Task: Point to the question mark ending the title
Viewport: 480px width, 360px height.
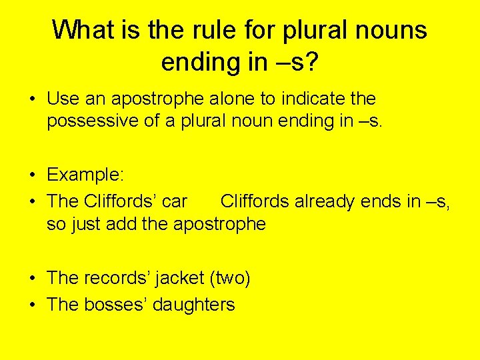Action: click(x=312, y=61)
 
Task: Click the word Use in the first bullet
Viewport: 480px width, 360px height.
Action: click(x=63, y=99)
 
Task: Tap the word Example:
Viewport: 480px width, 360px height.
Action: click(x=85, y=175)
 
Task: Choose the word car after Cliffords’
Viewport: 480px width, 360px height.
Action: click(x=174, y=201)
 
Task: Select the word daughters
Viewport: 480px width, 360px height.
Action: click(x=194, y=305)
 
